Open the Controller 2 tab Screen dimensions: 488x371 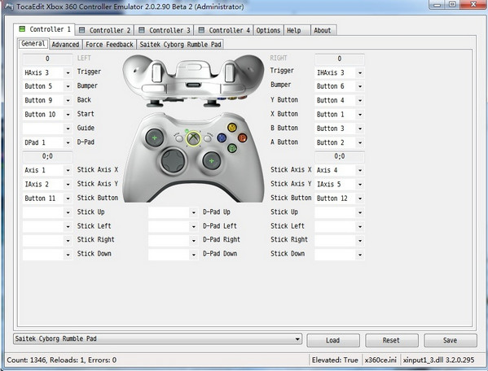point(104,30)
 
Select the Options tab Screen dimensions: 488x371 point(268,30)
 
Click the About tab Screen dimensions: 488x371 point(323,30)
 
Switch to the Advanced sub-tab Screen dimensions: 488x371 point(65,45)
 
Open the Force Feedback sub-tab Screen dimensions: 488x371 point(109,45)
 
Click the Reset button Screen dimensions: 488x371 point(392,340)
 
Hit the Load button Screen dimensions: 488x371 point(333,340)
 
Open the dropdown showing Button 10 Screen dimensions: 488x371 point(47,115)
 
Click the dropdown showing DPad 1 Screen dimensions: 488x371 point(47,142)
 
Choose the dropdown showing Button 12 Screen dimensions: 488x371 point(340,199)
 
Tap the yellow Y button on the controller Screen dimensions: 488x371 point(232,127)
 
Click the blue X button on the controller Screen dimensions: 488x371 point(222,137)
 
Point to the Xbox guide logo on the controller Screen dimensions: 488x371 point(193,138)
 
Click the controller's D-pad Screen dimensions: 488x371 point(173,160)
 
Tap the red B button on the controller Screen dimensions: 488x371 point(242,137)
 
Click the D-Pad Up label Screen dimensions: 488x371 point(217,212)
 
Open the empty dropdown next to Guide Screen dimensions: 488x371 point(47,129)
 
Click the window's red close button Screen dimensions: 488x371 point(473,4)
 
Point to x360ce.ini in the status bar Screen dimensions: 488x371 point(380,360)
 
